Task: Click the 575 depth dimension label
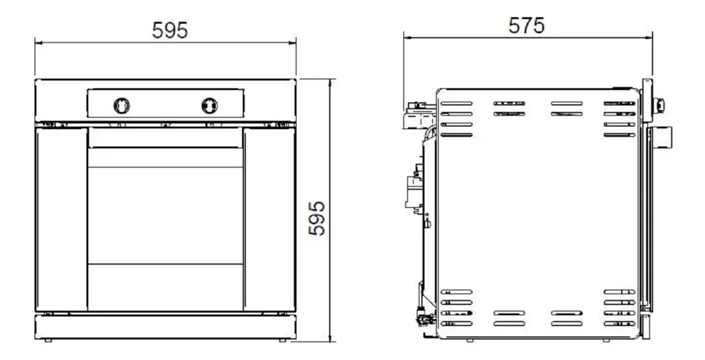(x=526, y=25)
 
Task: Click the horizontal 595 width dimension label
(x=169, y=30)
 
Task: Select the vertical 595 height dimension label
(x=317, y=218)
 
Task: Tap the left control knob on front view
(x=121, y=106)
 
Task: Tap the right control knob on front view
(x=209, y=106)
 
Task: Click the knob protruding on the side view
(x=659, y=106)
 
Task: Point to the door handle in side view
(x=661, y=137)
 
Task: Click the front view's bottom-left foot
(x=48, y=340)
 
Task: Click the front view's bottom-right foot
(x=283, y=340)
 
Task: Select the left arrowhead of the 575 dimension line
(x=407, y=38)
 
